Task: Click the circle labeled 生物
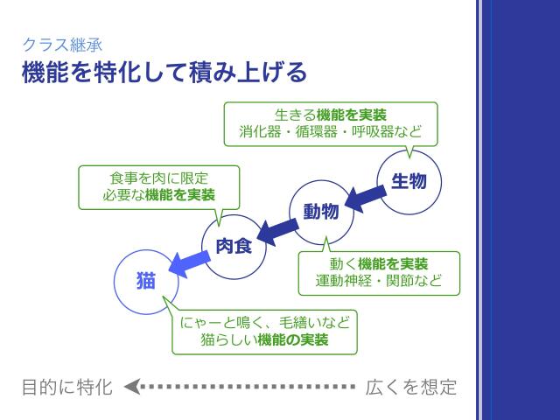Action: [409, 182]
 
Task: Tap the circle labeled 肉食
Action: [234, 246]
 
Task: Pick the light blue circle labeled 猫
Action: [146, 281]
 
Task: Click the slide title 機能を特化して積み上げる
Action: [164, 72]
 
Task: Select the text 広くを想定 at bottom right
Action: [411, 387]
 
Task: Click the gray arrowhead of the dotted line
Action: [132, 387]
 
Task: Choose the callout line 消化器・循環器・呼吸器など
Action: [331, 133]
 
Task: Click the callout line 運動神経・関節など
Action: [379, 283]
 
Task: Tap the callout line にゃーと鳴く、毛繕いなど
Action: [264, 322]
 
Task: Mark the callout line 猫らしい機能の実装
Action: [264, 340]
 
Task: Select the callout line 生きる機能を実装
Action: [331, 115]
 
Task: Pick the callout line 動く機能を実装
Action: [379, 264]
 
